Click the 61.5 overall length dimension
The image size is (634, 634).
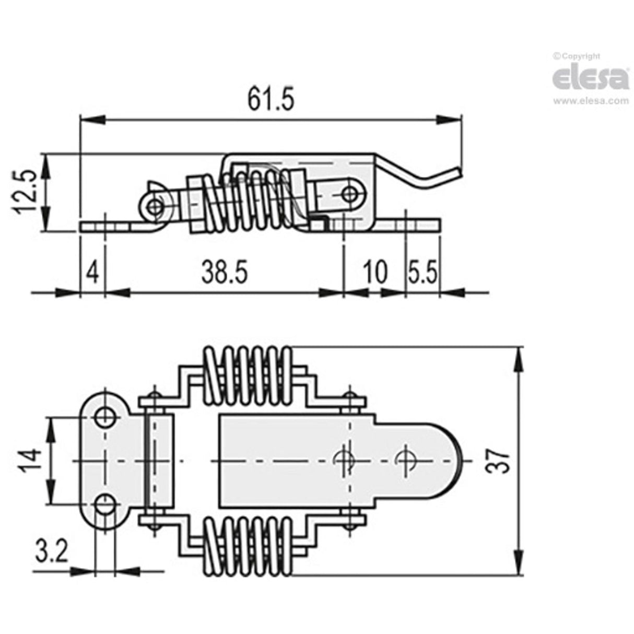tap(271, 99)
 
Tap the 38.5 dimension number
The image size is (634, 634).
tap(224, 272)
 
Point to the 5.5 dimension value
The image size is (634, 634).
tap(422, 272)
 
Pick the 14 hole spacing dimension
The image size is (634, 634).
tap(33, 461)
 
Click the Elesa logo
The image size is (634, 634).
tap(590, 78)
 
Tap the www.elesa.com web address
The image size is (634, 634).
tap(591, 101)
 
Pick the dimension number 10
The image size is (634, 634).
tap(375, 272)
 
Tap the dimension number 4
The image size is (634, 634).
tap(92, 272)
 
